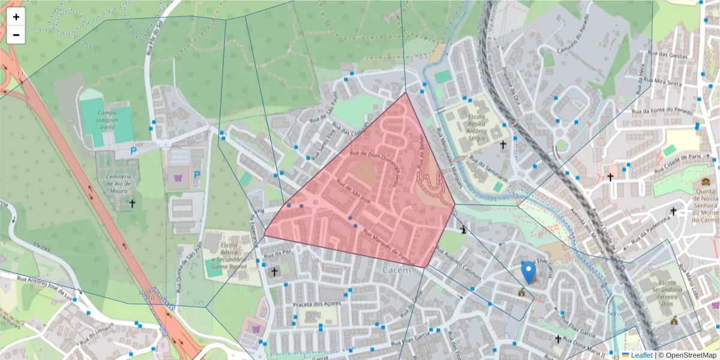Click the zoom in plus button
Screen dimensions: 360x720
(x=16, y=17)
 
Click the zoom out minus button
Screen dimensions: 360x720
(x=16, y=35)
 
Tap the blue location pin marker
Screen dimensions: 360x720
(x=528, y=272)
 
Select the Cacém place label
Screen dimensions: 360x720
(x=395, y=270)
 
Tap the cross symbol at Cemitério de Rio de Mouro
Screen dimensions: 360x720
(x=132, y=204)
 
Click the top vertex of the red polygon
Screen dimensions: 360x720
(x=406, y=92)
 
